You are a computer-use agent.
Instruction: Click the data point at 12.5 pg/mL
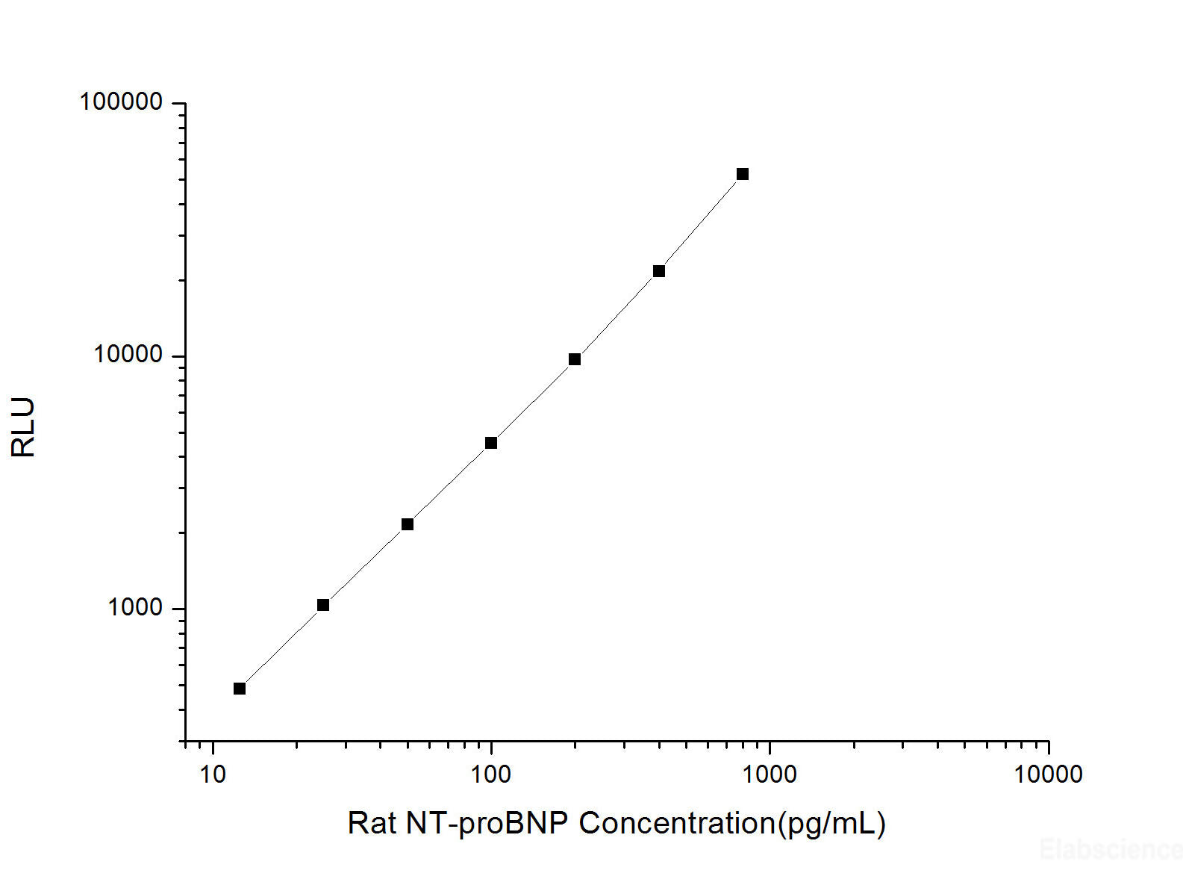coord(240,689)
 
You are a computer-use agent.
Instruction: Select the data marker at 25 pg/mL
coord(323,605)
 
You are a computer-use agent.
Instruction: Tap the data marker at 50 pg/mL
coord(408,524)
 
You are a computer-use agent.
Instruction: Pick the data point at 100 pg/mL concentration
coord(491,443)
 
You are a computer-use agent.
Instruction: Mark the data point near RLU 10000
coord(575,359)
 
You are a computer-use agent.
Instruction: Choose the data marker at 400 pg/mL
coord(659,271)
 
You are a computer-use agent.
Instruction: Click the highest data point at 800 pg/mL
coord(743,174)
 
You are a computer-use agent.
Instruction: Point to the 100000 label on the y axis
coord(121,102)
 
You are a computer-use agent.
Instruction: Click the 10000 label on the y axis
coord(128,355)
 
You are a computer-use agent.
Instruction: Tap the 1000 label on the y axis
coord(135,607)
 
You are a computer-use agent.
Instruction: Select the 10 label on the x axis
coord(213,774)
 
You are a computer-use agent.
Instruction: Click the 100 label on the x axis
coord(490,774)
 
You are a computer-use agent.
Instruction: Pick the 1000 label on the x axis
coord(769,774)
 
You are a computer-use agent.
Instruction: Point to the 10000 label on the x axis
coord(1047,774)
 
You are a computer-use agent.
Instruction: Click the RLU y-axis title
coord(23,427)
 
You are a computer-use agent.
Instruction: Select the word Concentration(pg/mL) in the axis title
coord(731,823)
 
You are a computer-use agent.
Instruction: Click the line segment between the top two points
coord(701,223)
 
